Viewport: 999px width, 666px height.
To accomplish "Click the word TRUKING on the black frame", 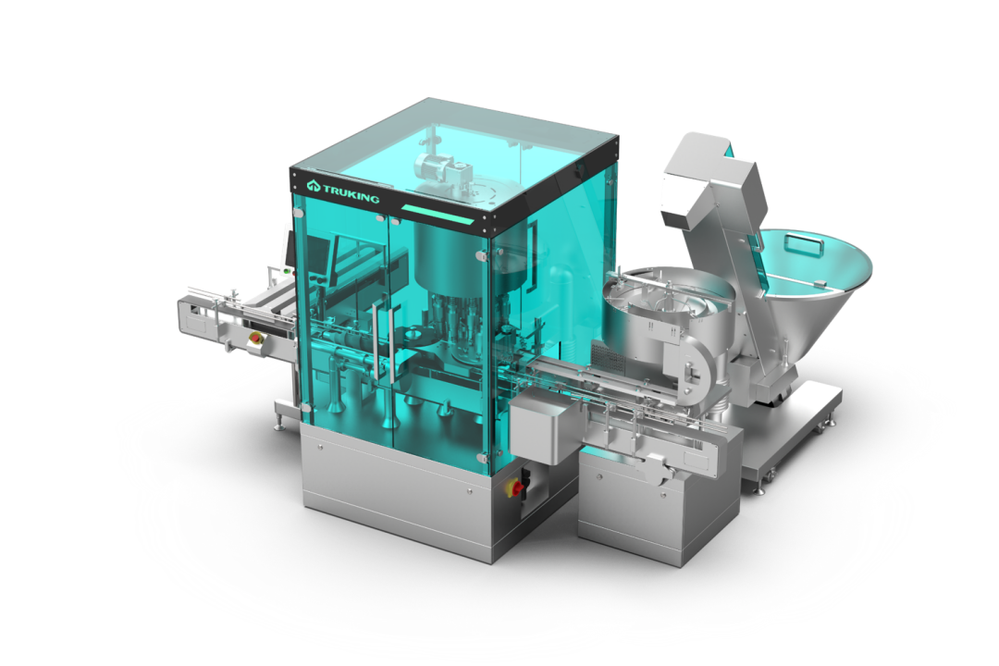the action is (x=351, y=193).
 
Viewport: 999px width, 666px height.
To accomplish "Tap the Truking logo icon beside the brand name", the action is (x=313, y=186).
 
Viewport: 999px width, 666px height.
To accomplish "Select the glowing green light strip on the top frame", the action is (x=438, y=215).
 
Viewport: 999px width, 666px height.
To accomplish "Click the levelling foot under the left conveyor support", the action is (x=279, y=423).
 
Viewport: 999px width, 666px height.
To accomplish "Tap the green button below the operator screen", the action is (x=288, y=272).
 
